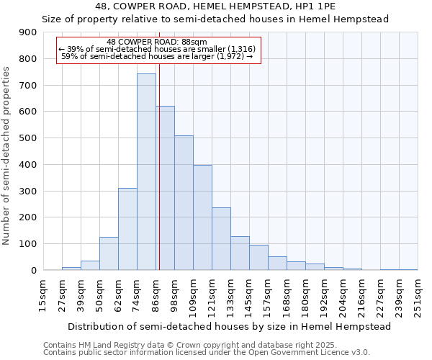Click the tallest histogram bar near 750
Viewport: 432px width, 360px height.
(x=146, y=173)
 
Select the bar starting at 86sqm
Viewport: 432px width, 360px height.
(x=165, y=189)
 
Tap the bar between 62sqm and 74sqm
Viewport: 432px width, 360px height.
(x=127, y=229)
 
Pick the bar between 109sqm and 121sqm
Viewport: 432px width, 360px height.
(x=202, y=217)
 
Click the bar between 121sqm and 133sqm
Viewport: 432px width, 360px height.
(x=221, y=239)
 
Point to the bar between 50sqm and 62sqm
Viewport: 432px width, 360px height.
(x=109, y=253)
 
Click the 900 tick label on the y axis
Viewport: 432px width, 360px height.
(x=28, y=32)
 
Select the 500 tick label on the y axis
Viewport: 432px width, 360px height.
(x=28, y=138)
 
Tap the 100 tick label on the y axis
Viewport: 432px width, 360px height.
(x=28, y=244)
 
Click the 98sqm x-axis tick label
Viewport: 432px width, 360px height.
(x=174, y=292)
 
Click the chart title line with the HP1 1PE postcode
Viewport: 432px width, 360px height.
(x=215, y=6)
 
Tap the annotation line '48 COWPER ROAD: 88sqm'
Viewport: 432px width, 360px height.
(x=156, y=42)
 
